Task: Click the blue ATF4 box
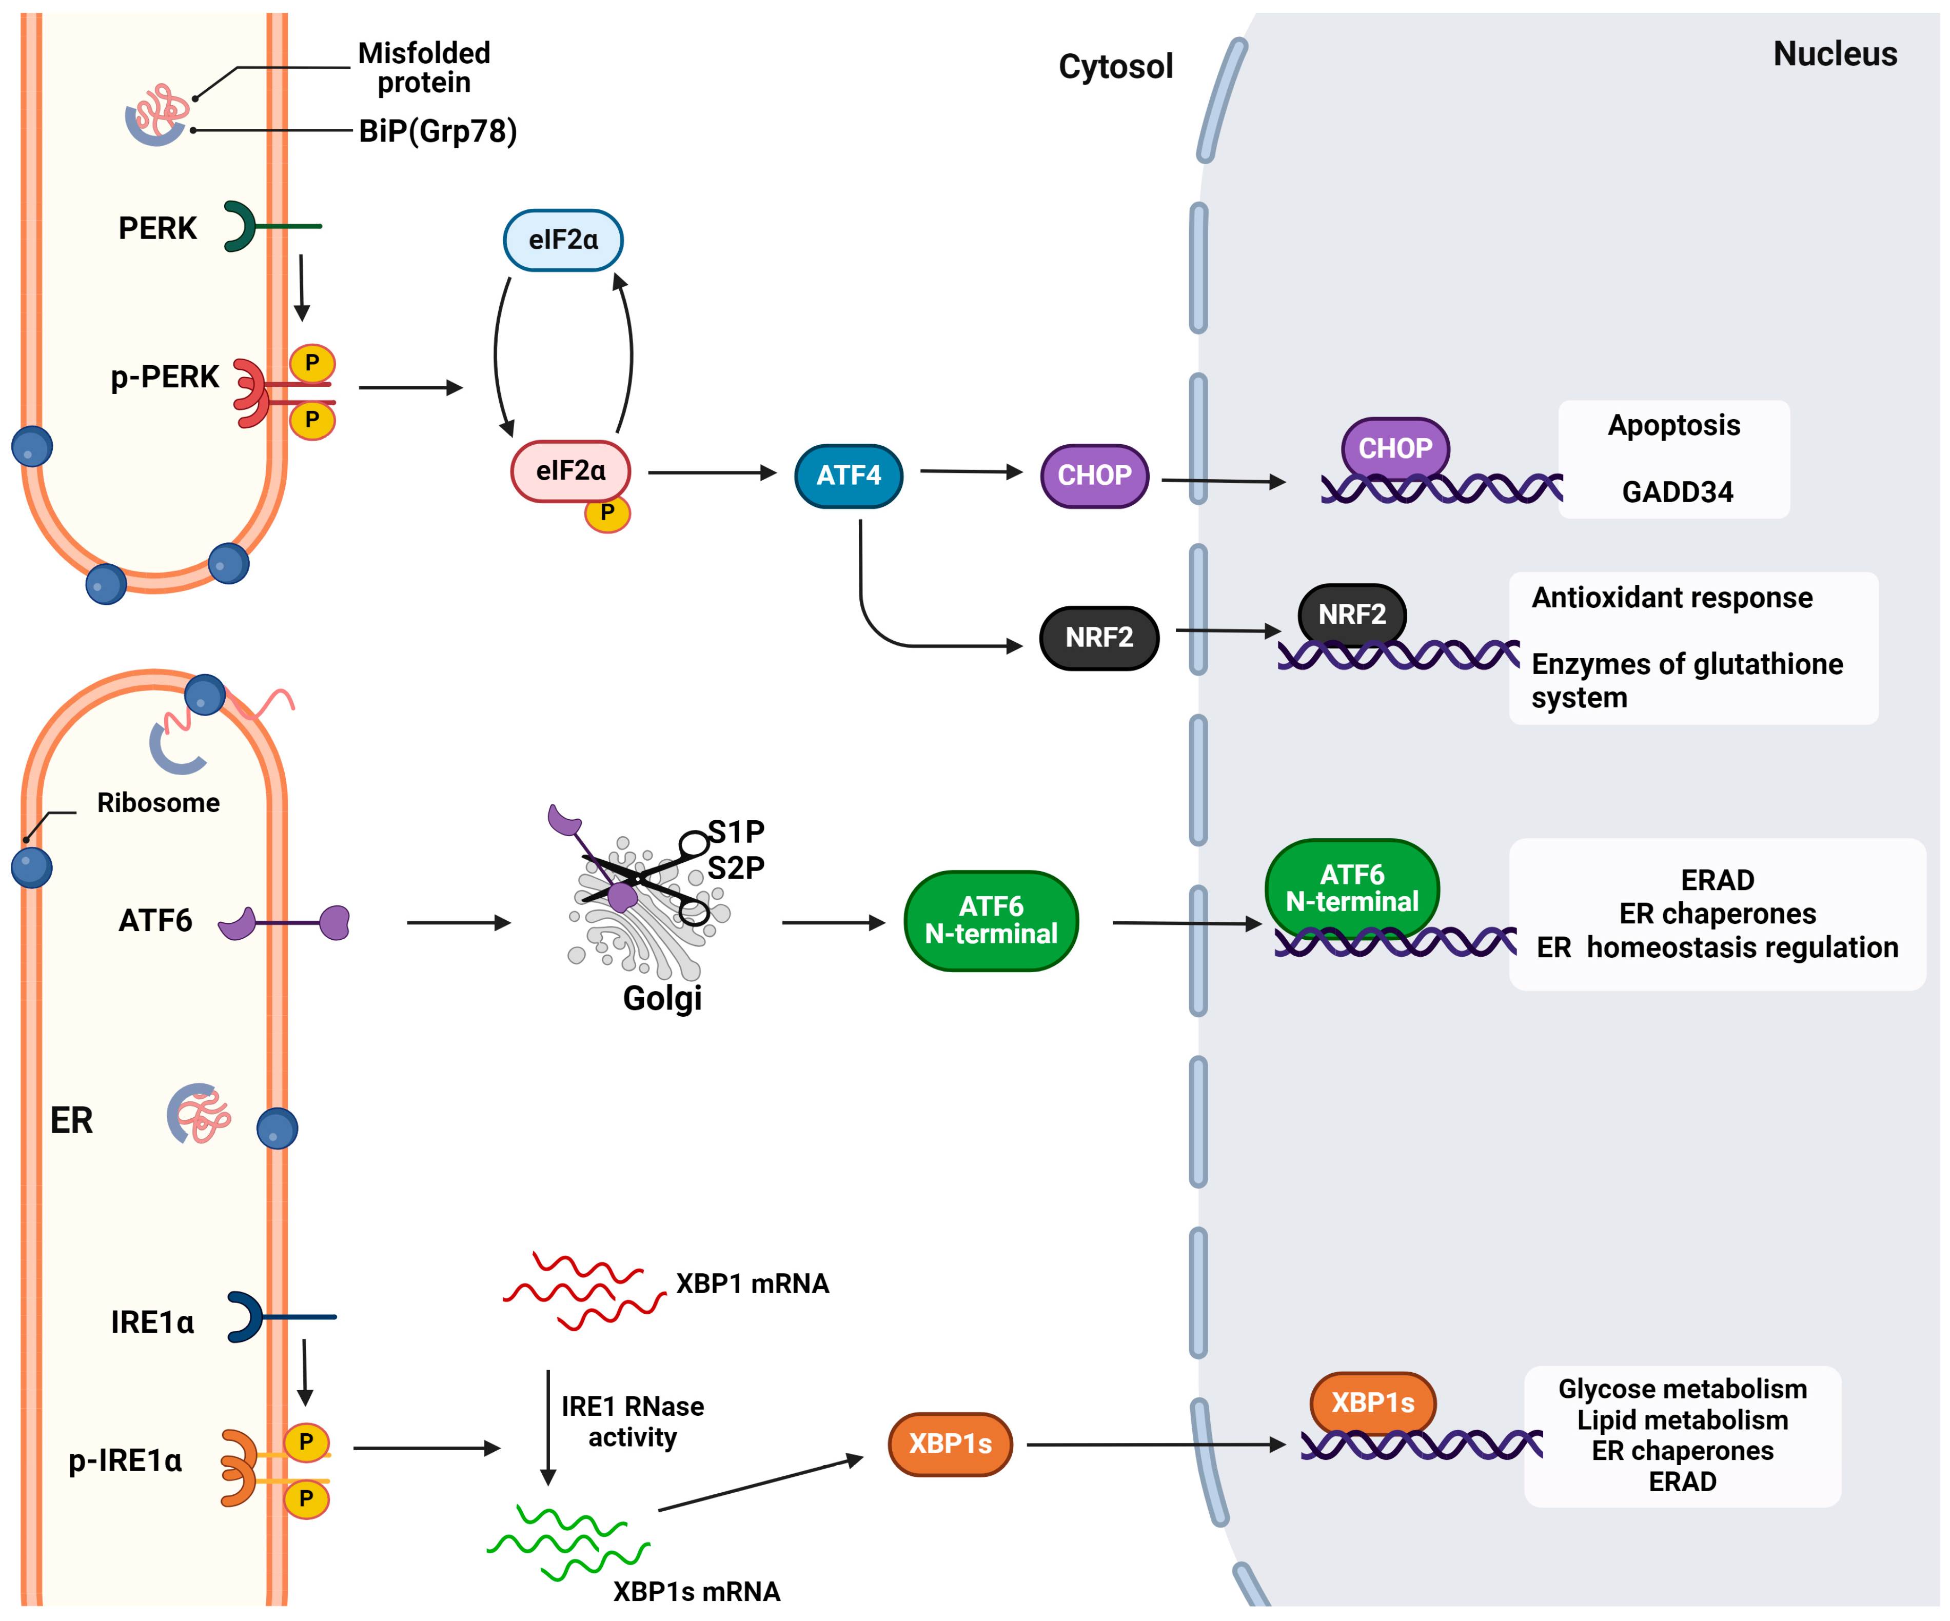point(848,476)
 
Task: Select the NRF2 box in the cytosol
point(1098,638)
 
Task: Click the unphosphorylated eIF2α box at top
point(563,240)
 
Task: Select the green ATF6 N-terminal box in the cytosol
point(991,920)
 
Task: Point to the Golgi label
point(662,998)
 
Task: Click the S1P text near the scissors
point(736,831)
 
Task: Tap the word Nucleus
point(1834,54)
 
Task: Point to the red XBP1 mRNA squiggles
point(583,1291)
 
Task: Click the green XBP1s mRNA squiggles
point(568,1543)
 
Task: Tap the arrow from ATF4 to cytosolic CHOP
point(970,471)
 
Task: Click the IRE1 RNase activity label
point(633,1421)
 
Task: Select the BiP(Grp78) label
point(438,131)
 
